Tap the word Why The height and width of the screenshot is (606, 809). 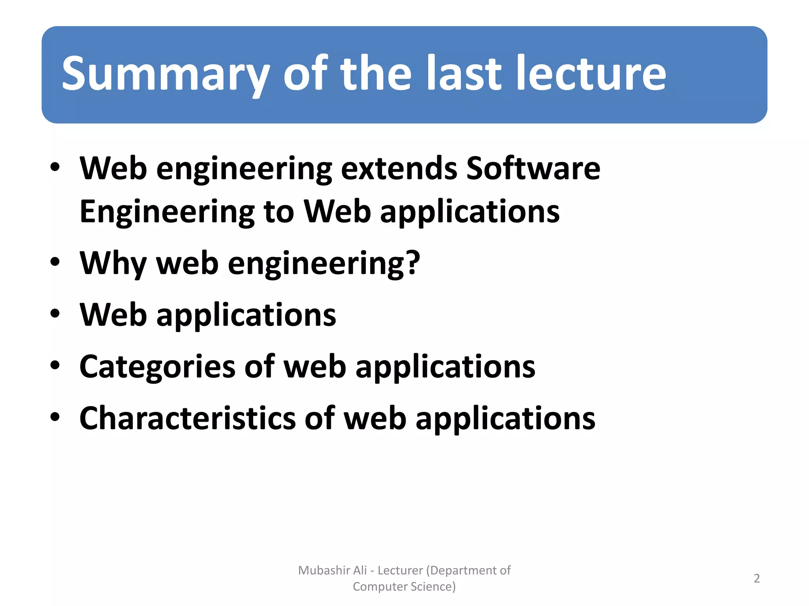[x=113, y=264]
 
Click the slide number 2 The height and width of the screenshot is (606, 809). [x=756, y=578]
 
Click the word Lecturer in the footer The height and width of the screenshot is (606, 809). [x=400, y=570]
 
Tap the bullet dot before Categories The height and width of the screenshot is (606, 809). [x=55, y=365]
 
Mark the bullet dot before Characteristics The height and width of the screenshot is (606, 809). [x=55, y=417]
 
